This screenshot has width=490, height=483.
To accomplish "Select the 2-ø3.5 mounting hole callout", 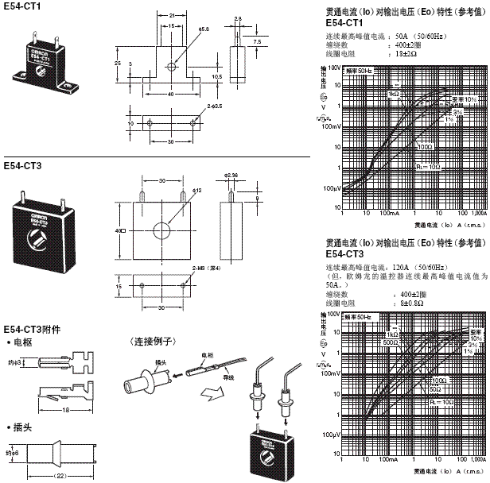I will pos(214,104).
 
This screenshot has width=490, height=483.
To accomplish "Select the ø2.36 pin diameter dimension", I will pos(231,174).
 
